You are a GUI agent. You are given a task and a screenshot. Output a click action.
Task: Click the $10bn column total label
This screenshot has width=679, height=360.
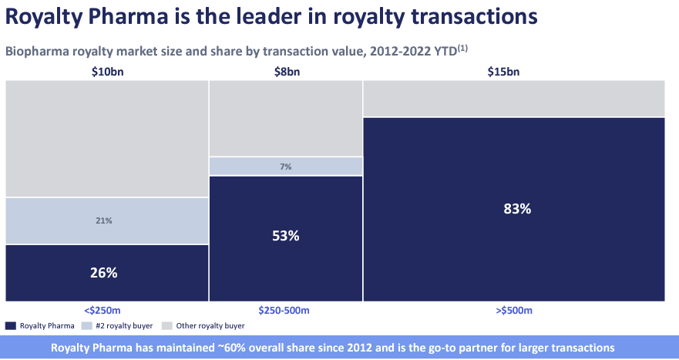107,72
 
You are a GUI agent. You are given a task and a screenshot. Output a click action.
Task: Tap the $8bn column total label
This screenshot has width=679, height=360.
285,72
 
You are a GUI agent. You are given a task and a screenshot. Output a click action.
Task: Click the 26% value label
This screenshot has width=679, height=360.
107,273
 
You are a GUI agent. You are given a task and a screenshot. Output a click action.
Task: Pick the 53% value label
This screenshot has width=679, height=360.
285,236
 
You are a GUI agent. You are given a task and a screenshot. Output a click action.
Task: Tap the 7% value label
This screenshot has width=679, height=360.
285,167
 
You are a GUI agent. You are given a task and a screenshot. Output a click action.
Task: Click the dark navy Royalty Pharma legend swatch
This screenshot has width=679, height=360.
10,326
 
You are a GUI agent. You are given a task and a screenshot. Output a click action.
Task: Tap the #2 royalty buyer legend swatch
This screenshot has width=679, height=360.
86,326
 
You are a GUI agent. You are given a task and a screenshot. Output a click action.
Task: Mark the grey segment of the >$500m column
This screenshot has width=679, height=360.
514,98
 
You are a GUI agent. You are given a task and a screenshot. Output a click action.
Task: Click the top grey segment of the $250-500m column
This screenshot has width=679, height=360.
285,118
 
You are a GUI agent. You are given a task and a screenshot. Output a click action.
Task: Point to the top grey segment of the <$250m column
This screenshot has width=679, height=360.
107,139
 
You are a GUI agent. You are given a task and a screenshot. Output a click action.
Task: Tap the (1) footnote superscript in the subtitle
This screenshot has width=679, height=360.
464,49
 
